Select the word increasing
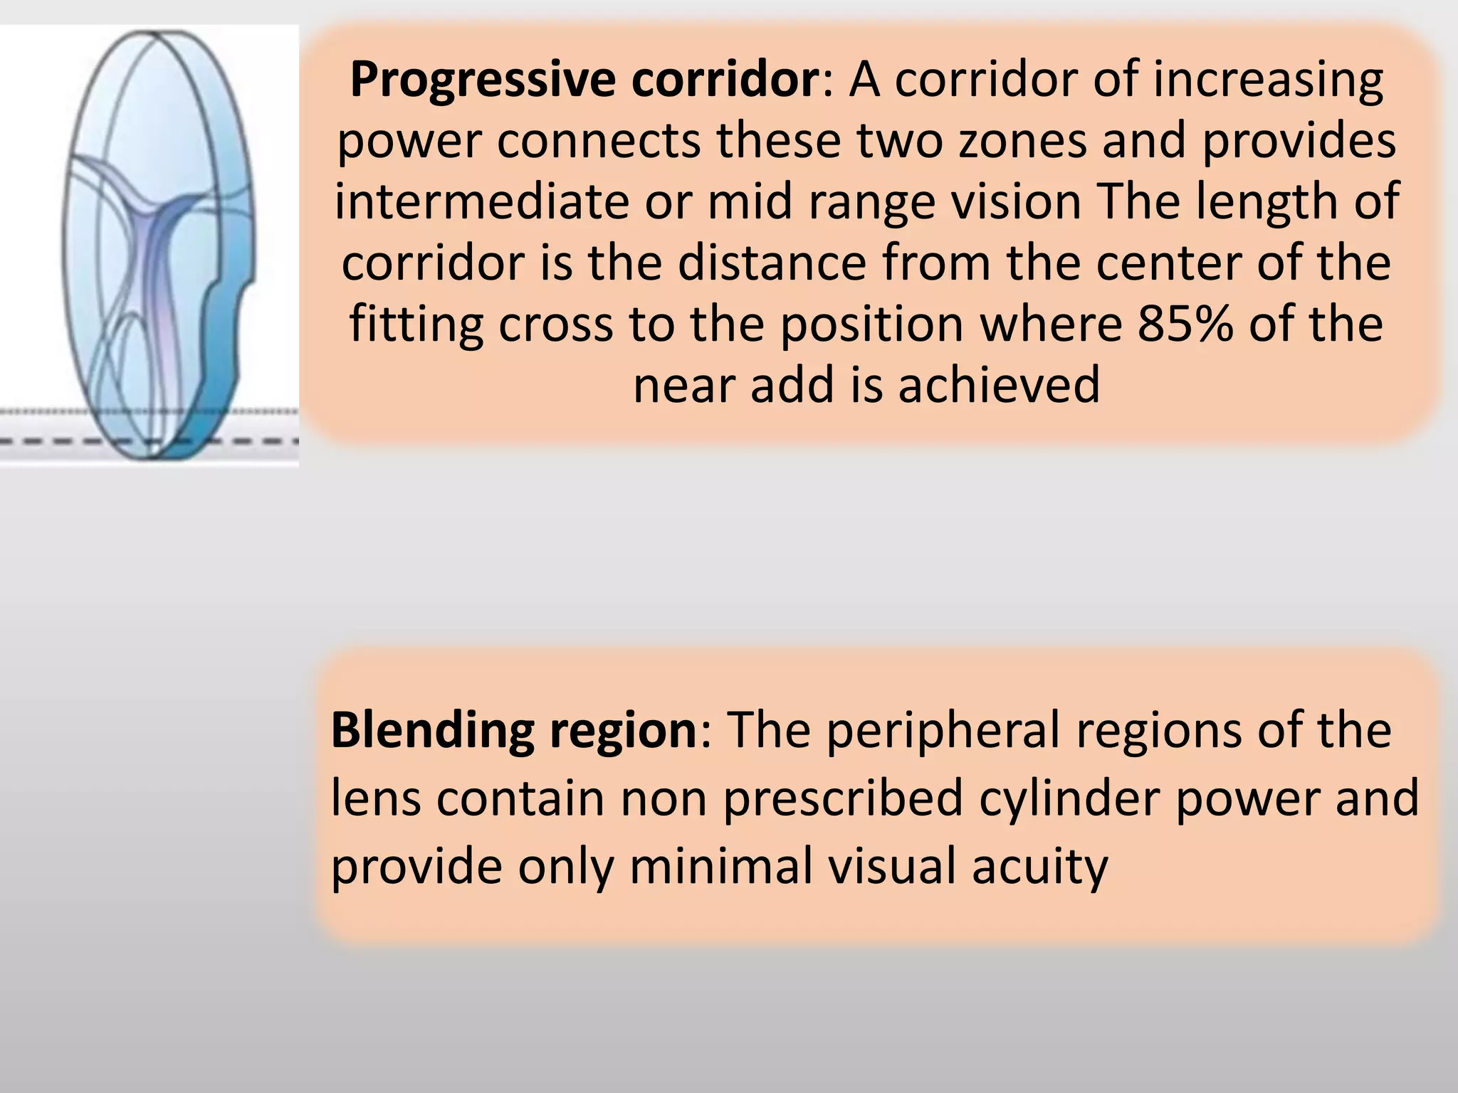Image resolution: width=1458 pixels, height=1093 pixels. coord(1268,80)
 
